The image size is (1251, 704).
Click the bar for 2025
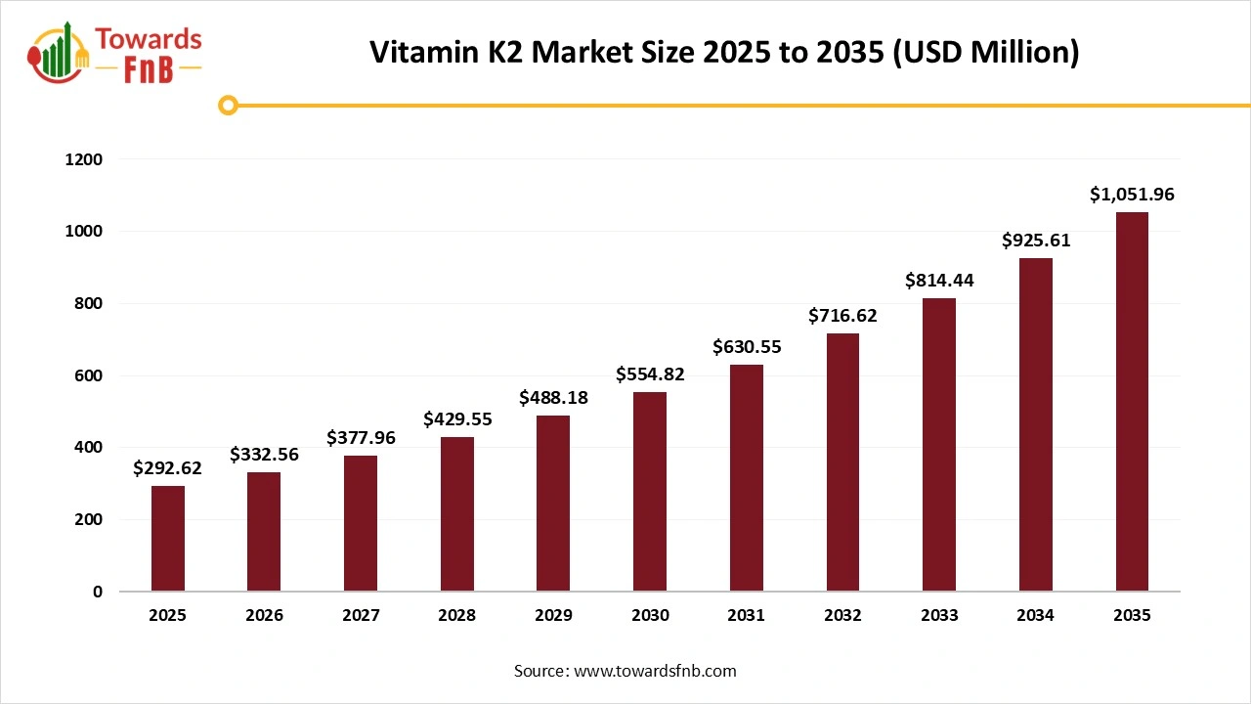point(167,539)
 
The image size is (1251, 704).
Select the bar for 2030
point(650,492)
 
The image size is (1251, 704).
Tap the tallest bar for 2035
point(1132,402)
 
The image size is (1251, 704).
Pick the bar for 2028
point(456,514)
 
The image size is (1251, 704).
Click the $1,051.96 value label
point(1132,195)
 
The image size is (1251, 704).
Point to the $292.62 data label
point(167,468)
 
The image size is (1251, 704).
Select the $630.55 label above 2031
point(747,346)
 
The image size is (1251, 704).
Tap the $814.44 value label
point(939,281)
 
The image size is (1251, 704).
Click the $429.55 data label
point(457,418)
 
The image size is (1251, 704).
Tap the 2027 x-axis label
point(361,616)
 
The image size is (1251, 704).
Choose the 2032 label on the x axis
point(842,616)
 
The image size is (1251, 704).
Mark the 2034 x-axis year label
point(1036,616)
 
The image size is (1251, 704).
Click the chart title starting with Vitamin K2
point(724,53)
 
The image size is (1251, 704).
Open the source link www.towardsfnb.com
point(655,671)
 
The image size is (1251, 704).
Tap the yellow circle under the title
point(229,105)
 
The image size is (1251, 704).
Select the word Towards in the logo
point(149,39)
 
